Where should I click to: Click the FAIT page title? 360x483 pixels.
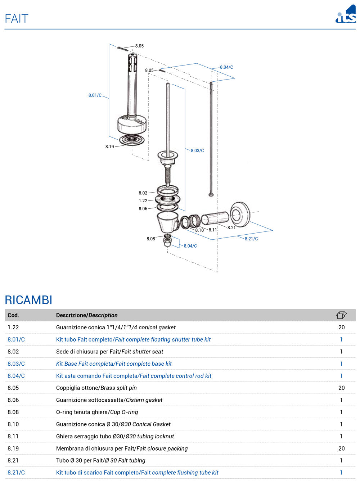tap(17, 18)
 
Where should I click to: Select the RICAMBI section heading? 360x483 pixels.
tap(28, 300)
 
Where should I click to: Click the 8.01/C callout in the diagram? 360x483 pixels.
tap(95, 95)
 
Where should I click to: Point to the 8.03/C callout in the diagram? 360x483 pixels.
tap(197, 150)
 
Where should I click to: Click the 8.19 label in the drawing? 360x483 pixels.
tap(109, 146)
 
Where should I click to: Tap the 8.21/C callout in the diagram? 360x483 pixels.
tap(251, 239)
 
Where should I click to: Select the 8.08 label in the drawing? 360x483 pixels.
tap(150, 239)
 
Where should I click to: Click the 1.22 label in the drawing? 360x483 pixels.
tap(143, 200)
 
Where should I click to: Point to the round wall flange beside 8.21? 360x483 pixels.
tap(240, 215)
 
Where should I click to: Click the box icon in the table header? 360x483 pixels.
tap(341, 315)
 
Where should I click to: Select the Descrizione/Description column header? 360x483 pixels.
tap(87, 315)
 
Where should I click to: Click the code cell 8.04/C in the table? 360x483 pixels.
tap(16, 376)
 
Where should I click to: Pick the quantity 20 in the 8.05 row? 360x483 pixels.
tap(341, 388)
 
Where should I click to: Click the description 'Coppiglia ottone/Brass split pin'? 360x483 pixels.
tap(96, 388)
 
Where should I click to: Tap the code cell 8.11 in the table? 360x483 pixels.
tap(13, 436)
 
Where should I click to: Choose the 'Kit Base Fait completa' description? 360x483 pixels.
tap(114, 364)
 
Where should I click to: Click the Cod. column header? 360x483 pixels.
tap(13, 315)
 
